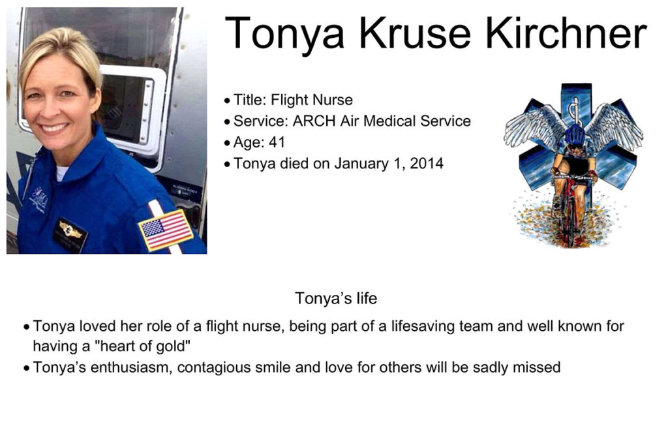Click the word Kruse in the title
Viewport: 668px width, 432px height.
coord(415,33)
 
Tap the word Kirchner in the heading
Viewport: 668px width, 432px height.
coord(566,33)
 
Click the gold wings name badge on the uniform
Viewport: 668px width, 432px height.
coord(70,234)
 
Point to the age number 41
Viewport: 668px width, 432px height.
coord(277,142)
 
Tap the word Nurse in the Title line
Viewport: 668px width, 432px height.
coord(333,100)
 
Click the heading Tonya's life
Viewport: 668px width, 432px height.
coord(336,298)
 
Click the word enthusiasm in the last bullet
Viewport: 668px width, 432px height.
coord(131,367)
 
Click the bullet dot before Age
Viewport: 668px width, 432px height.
coord(227,143)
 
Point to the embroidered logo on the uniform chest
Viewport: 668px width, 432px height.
coord(39,198)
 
